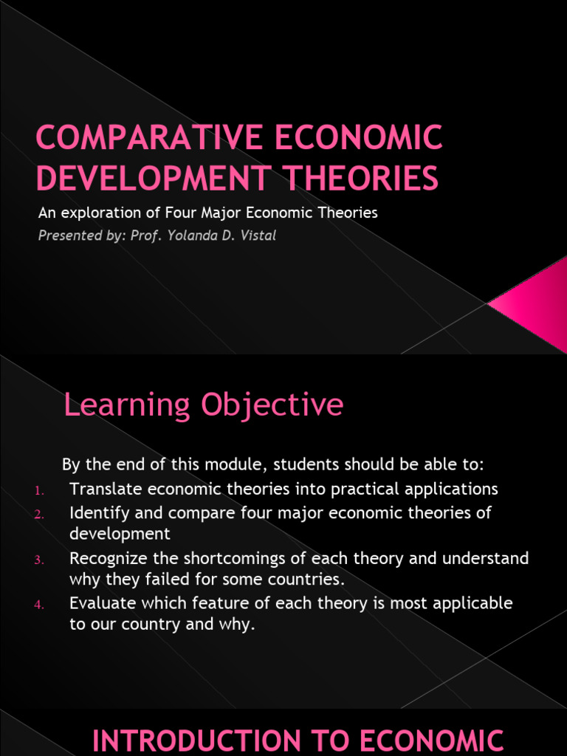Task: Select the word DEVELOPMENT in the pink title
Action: tap(147, 178)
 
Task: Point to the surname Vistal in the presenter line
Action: tap(256, 236)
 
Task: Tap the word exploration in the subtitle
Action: tap(96, 213)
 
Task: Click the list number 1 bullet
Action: tap(39, 491)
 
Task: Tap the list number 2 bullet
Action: tap(39, 515)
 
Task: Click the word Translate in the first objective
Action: tap(106, 489)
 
